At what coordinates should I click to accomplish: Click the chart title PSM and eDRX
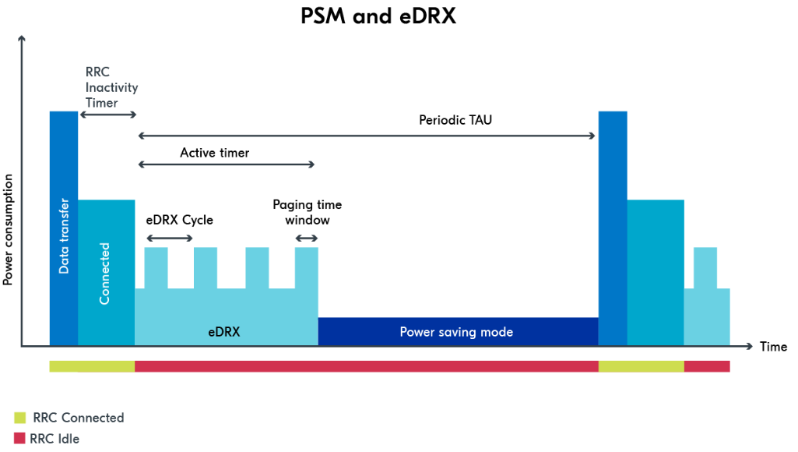click(x=378, y=16)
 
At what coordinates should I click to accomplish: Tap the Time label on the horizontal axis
click(x=773, y=347)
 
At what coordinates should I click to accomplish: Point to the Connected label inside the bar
click(x=105, y=273)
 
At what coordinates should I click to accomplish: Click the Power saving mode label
click(x=456, y=332)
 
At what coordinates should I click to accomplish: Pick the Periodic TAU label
click(x=455, y=120)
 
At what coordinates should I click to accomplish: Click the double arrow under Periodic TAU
click(x=367, y=136)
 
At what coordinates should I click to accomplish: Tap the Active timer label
click(x=215, y=153)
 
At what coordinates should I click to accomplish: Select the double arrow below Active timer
click(x=227, y=164)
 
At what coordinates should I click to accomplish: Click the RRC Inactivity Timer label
click(x=111, y=87)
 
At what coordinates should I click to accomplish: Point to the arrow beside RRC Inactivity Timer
click(x=108, y=115)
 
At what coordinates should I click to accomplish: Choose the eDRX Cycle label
click(x=180, y=220)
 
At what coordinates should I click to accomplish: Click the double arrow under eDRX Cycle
click(x=169, y=238)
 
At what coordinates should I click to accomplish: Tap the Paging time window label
click(x=307, y=212)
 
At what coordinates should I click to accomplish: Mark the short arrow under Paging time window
click(x=307, y=238)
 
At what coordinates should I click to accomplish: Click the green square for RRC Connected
click(x=20, y=418)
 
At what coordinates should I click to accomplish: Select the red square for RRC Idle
click(x=20, y=439)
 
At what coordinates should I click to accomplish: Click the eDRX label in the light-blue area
click(x=224, y=332)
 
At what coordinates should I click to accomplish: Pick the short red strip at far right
click(x=707, y=366)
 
